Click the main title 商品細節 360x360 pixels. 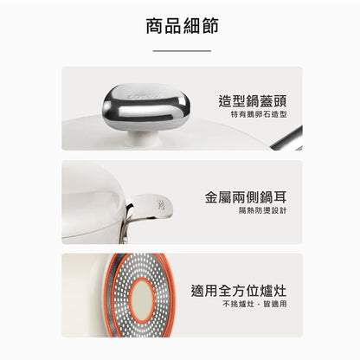[x=182, y=26]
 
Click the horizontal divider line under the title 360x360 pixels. [x=182, y=51]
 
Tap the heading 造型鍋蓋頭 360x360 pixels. [x=253, y=101]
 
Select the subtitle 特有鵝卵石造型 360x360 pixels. [x=259, y=114]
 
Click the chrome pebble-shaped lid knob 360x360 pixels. [x=146, y=106]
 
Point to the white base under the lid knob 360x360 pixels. [x=145, y=139]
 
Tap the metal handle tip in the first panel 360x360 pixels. [x=287, y=139]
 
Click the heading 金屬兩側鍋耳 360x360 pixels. [x=246, y=197]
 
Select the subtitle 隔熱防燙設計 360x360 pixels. [x=263, y=210]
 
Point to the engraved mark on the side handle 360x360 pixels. [x=161, y=205]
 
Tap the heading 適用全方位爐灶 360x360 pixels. [x=239, y=291]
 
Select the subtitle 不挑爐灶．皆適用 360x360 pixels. [x=254, y=304]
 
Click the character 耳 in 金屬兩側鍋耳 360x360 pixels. [x=280, y=197]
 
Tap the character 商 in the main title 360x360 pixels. [x=155, y=26]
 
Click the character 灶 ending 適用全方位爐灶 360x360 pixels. [x=280, y=291]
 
